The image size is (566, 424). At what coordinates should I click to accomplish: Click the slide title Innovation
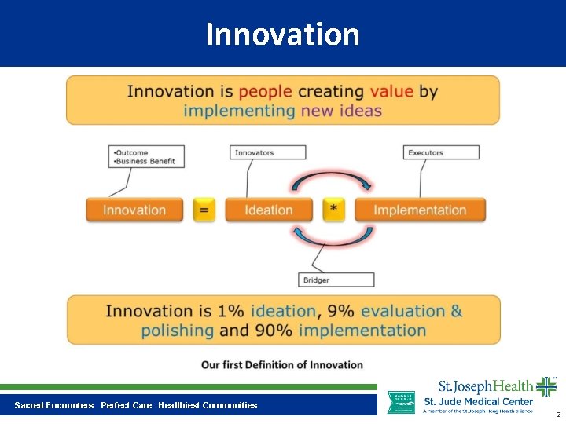coord(282,35)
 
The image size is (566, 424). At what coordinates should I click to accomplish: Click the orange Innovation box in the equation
coord(134,210)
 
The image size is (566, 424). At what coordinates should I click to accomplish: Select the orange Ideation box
coord(269,210)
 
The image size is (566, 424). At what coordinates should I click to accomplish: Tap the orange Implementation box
coord(420,210)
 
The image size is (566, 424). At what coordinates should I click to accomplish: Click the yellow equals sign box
coord(204,210)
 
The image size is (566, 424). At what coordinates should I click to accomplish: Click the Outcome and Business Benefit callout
coord(146,156)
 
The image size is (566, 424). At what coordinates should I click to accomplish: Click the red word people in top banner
coord(265,91)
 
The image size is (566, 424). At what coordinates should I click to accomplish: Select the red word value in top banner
coord(391,91)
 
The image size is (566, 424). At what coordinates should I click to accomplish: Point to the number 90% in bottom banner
coord(274,331)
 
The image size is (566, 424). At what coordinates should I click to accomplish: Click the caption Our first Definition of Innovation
coord(282,364)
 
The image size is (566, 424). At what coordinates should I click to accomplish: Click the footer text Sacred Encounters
coord(53,405)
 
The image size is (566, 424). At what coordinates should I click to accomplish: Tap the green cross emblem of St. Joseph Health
coord(546,386)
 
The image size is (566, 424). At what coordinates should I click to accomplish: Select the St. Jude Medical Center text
coord(478,401)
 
